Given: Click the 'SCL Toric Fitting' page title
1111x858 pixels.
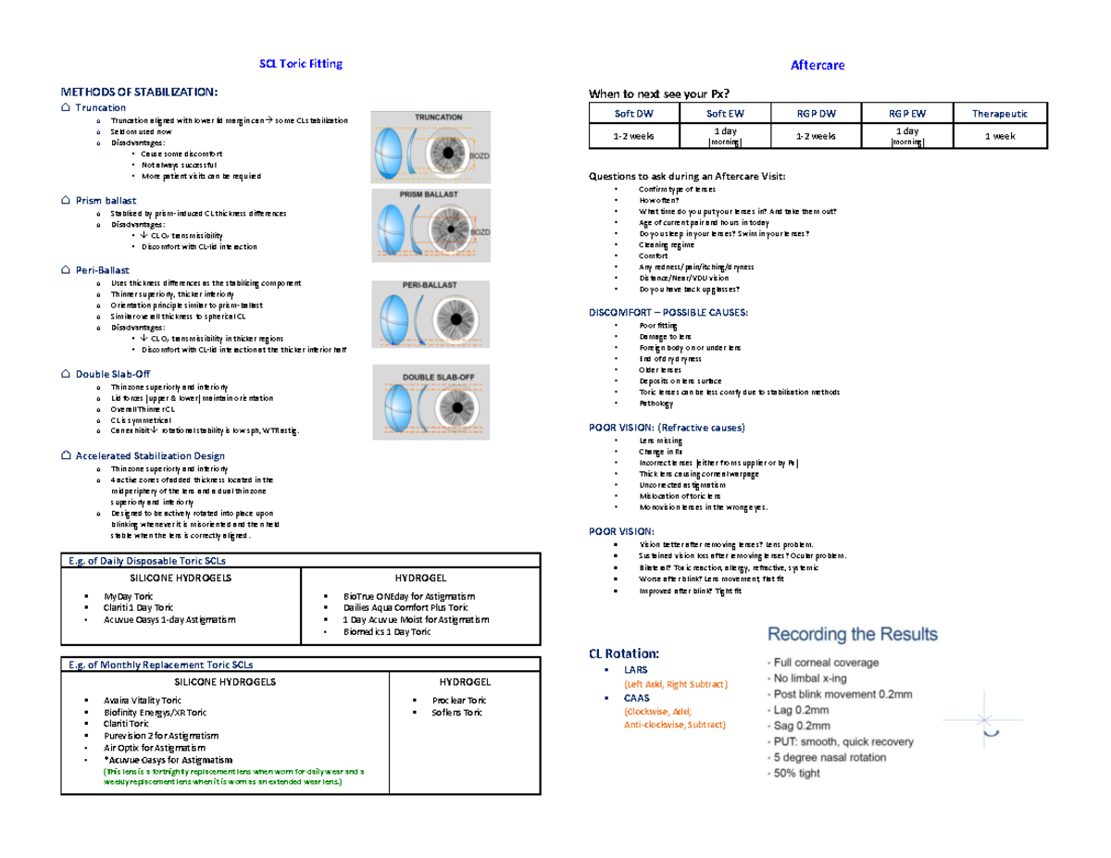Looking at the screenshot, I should (299, 64).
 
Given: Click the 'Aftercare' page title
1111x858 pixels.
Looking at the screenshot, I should (817, 65).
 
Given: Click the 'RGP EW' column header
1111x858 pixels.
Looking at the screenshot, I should (906, 113).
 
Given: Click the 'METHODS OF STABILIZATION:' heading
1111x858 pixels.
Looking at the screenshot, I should (140, 92).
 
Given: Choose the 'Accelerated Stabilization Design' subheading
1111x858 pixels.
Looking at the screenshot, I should (149, 455).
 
